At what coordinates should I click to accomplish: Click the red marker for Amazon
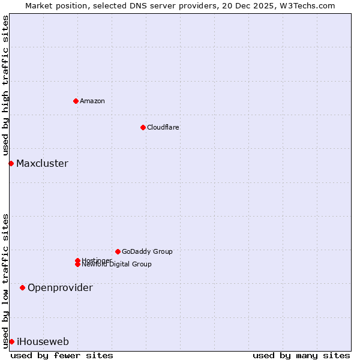76,101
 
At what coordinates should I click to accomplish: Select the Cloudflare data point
143,127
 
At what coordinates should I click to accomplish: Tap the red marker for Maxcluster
11,163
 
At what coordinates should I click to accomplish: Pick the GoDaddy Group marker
118,251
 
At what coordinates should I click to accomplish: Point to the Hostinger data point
77,260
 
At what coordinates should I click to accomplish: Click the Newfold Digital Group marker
78,265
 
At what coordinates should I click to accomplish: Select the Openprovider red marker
22,287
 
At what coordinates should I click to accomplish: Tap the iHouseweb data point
11,341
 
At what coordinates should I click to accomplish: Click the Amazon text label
92,101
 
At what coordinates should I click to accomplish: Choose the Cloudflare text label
163,127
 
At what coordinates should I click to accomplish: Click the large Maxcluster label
42,163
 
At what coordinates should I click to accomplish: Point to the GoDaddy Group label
147,251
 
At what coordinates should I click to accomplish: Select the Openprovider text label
60,287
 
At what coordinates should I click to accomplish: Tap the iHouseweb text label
43,341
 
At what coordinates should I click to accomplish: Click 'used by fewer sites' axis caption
62,355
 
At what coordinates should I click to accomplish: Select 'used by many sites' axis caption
301,355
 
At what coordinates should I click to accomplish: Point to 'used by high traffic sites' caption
6,86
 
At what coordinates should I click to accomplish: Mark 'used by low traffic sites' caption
6,280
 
